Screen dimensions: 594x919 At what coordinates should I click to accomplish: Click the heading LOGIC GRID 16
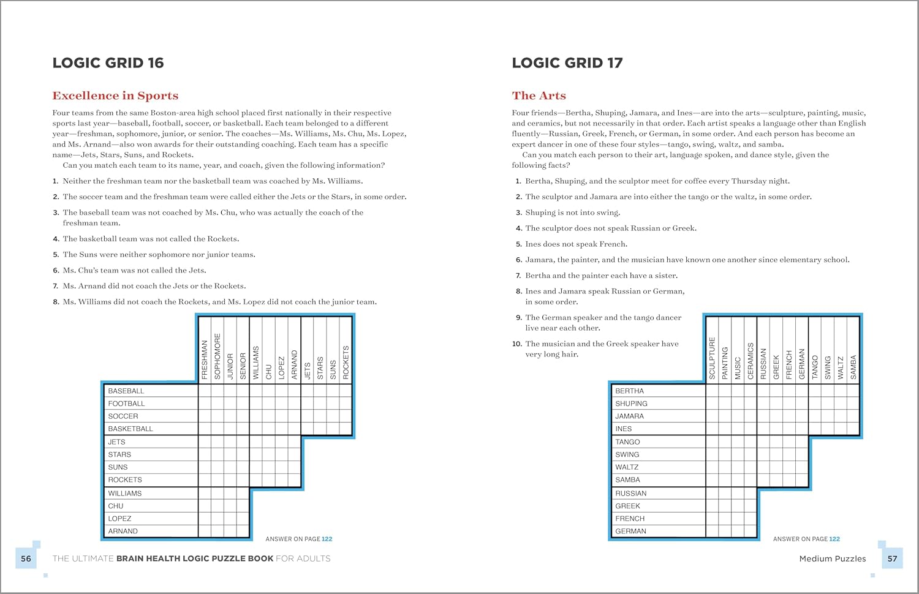(108, 63)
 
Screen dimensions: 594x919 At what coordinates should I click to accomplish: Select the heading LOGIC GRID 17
(567, 63)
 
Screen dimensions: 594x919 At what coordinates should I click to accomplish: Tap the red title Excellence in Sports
(115, 96)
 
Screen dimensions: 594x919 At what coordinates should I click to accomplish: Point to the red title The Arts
(539, 96)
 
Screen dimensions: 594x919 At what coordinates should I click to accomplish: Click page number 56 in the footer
(26, 558)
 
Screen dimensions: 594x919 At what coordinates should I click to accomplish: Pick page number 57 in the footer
(892, 558)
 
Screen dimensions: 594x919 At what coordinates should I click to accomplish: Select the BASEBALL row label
(126, 391)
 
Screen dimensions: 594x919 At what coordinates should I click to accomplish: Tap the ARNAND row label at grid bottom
(123, 532)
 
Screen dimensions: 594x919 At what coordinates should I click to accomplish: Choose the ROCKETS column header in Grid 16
(346, 362)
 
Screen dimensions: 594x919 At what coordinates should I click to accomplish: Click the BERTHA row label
(629, 391)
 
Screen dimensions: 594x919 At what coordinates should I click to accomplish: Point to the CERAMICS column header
(751, 361)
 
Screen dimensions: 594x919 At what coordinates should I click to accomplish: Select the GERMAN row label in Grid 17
(630, 532)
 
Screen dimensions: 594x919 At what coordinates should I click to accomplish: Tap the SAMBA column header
(853, 366)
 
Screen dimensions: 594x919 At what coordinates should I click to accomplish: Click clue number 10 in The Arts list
(516, 344)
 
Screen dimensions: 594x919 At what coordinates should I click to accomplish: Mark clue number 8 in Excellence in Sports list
(56, 302)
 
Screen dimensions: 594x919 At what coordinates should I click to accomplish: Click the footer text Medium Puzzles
(832, 558)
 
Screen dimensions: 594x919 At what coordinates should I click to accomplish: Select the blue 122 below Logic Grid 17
(834, 539)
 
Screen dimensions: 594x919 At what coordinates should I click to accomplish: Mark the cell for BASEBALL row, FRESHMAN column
(205, 391)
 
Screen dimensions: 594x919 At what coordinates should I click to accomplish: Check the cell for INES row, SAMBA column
(853, 429)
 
